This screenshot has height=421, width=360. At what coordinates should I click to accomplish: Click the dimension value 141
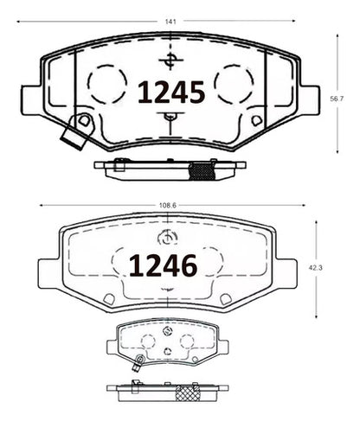point(170,22)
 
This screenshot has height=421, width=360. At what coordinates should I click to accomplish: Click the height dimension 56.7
point(337,99)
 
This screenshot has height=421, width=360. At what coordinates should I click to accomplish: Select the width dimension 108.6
point(168,206)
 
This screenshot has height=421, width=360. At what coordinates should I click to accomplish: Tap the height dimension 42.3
point(316,268)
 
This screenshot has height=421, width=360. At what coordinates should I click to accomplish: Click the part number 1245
point(171,92)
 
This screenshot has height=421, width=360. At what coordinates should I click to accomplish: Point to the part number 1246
point(163,265)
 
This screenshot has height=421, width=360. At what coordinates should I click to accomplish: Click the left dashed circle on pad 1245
point(107,84)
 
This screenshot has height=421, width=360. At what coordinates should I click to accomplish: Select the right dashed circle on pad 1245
point(234,84)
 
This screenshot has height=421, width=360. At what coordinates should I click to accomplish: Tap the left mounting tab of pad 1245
point(30,100)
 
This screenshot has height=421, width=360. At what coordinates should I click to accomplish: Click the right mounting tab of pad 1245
point(310,100)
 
